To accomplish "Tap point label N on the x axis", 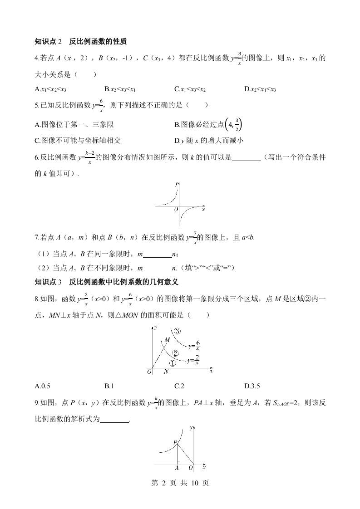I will pos(166,372).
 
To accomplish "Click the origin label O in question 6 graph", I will pos(176,209).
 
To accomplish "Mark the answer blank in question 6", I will pos(246,158).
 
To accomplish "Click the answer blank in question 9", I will pos(114,421).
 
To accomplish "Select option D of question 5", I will pos(209,140).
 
